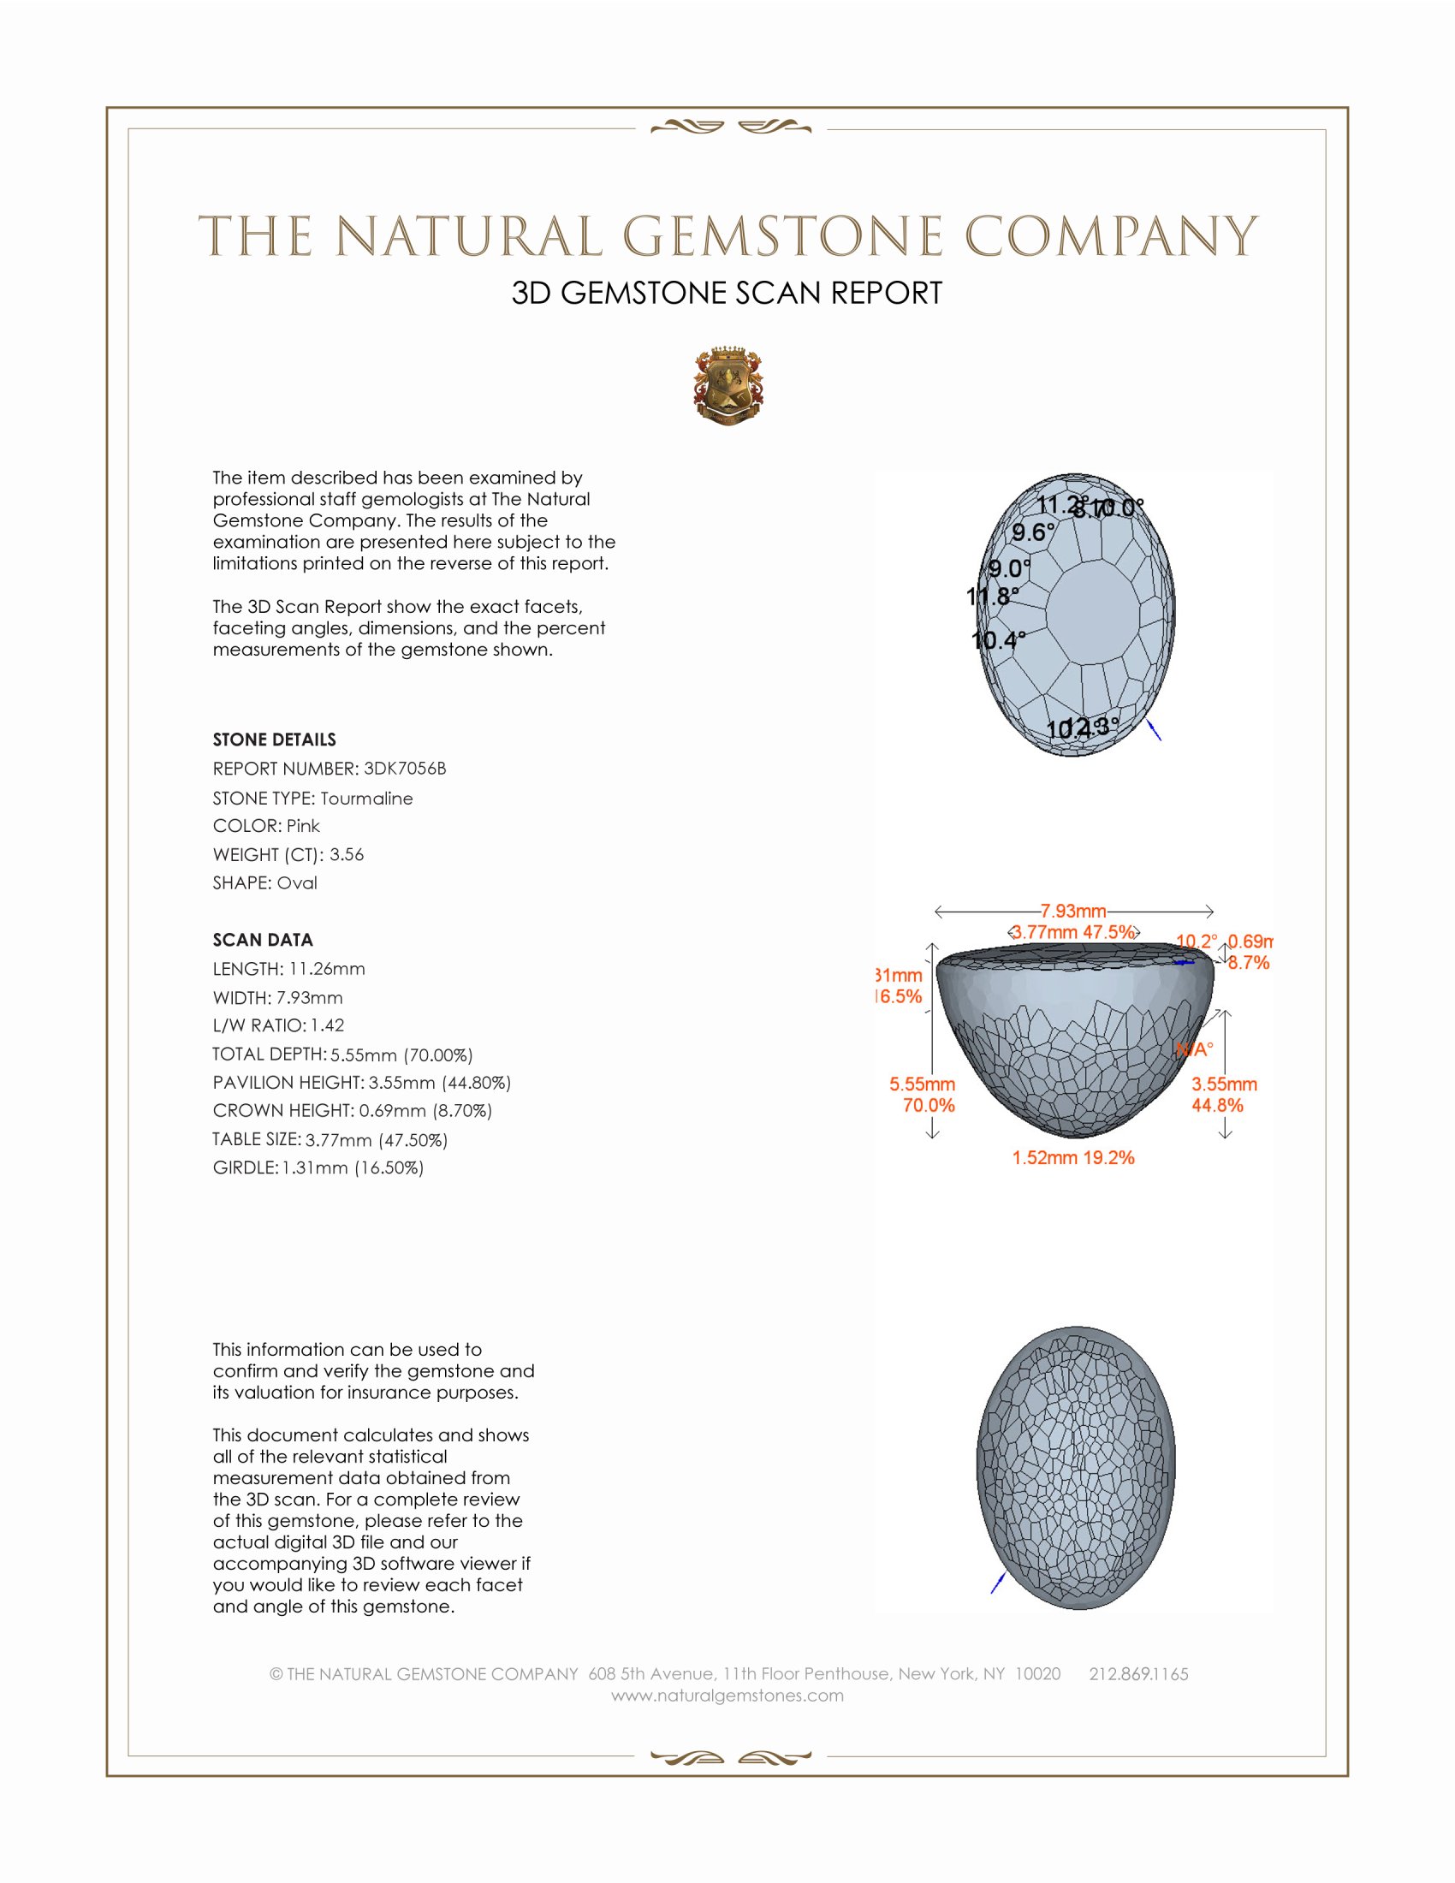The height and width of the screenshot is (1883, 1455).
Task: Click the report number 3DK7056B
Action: [x=404, y=769]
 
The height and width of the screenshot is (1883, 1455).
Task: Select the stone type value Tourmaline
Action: [x=366, y=799]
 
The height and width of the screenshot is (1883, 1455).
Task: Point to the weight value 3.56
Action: [x=347, y=854]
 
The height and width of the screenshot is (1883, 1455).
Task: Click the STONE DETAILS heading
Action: [x=274, y=740]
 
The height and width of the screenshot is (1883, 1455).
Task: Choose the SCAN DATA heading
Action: [x=263, y=940]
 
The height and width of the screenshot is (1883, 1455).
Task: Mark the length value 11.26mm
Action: [x=327, y=969]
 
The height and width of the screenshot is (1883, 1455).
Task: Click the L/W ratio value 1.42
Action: [x=328, y=1025]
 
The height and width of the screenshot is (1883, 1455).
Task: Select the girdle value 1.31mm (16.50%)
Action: [x=353, y=1167]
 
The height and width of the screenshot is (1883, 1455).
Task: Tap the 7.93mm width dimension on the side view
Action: [x=1073, y=912]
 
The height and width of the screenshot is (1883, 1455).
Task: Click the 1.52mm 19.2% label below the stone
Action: [x=1073, y=1158]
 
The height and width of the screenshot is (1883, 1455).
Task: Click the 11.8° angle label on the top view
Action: [x=992, y=596]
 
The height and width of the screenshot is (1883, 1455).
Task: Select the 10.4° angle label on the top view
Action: [x=998, y=640]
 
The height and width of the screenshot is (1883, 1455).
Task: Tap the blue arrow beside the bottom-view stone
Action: [x=998, y=1582]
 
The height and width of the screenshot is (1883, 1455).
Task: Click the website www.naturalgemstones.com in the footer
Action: [x=727, y=1696]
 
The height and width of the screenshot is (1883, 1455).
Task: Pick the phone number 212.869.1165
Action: [x=1138, y=1674]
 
